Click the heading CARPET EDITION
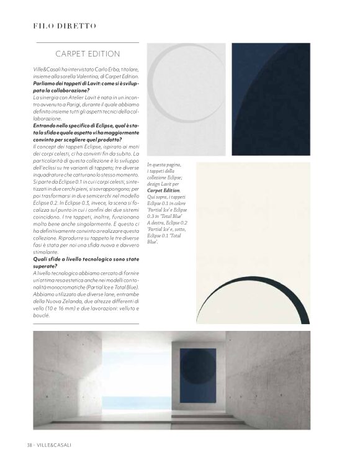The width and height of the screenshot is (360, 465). [88, 54]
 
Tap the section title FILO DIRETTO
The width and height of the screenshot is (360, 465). [65, 25]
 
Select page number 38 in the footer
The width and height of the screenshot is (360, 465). [29, 445]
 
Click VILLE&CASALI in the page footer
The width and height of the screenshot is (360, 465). [55, 445]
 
